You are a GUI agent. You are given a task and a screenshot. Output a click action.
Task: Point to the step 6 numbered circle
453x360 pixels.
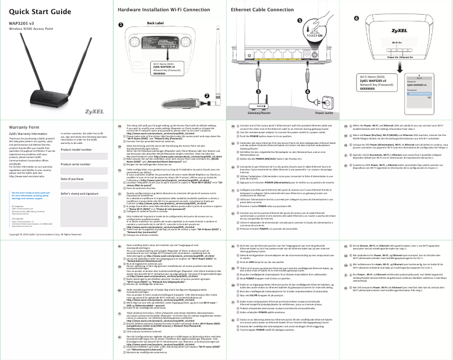coord(356,17)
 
